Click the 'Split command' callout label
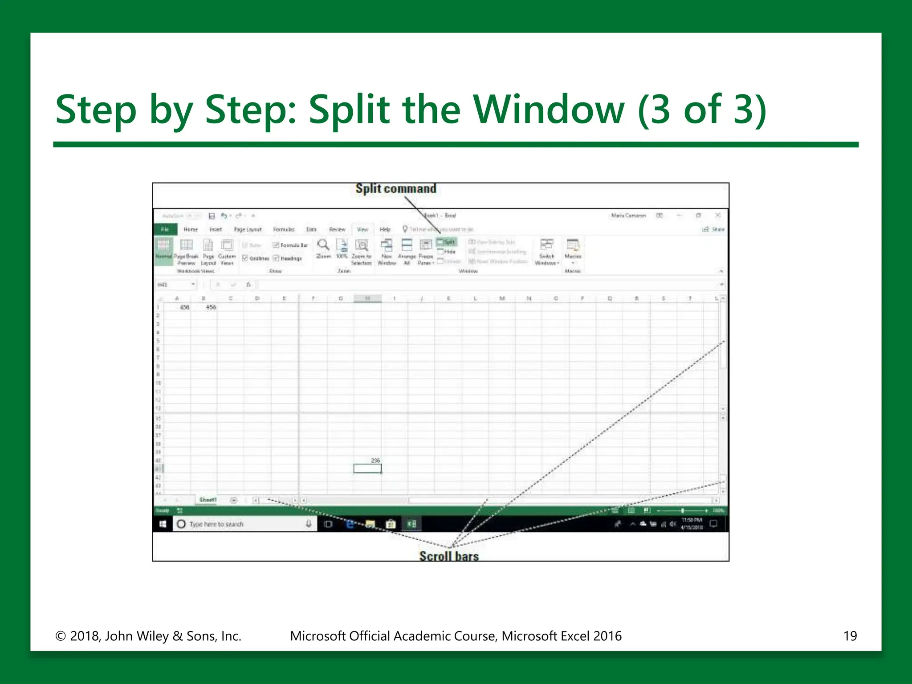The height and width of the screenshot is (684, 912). pyautogui.click(x=396, y=189)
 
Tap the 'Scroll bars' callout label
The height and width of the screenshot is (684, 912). pyautogui.click(x=449, y=556)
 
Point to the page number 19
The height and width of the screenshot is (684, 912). pyautogui.click(x=850, y=636)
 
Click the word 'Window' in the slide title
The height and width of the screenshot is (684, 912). pyautogui.click(x=549, y=110)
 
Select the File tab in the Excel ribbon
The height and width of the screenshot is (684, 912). pyautogui.click(x=165, y=229)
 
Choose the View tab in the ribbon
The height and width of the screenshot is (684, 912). pyautogui.click(x=362, y=229)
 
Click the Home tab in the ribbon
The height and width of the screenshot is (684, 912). pyautogui.click(x=191, y=229)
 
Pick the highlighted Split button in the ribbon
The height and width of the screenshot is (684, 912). pyautogui.click(x=447, y=242)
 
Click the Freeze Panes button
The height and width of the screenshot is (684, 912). pyautogui.click(x=426, y=252)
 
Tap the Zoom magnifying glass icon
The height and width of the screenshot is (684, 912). pyautogui.click(x=323, y=245)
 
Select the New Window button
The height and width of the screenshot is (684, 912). pyautogui.click(x=387, y=252)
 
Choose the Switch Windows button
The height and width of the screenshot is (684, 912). pyautogui.click(x=547, y=252)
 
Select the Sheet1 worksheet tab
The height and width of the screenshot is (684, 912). pyautogui.click(x=208, y=500)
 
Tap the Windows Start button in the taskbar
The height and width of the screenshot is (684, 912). pyautogui.click(x=163, y=524)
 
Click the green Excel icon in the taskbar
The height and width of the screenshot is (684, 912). pyautogui.click(x=411, y=524)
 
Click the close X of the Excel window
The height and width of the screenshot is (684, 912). pyautogui.click(x=718, y=216)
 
